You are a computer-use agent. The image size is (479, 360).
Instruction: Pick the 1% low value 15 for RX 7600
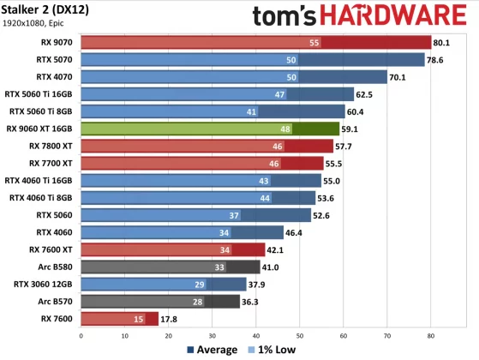138,318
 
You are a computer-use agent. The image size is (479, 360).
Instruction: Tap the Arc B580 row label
52,267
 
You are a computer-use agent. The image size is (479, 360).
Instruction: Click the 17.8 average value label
170,318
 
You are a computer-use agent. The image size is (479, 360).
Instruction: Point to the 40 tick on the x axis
254,336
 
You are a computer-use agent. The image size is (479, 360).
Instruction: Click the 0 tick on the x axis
79,336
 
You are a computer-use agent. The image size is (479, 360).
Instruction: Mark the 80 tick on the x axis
430,336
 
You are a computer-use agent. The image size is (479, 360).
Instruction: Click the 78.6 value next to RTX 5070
436,59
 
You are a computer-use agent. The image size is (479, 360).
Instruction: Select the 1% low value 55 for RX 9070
314,42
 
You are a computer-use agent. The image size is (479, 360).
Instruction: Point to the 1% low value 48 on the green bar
285,129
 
